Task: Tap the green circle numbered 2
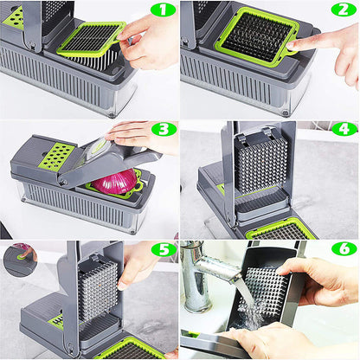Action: tap(344, 10)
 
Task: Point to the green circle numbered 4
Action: tap(344, 130)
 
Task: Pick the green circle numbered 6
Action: tap(344, 250)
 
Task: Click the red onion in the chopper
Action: tap(115, 183)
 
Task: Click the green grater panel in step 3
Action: tap(57, 156)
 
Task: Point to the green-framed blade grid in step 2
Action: tap(254, 36)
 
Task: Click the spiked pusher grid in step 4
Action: tap(260, 164)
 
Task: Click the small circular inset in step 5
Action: tap(18, 258)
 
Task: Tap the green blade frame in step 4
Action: tap(281, 229)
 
